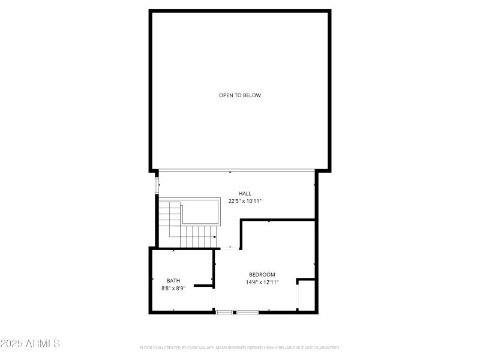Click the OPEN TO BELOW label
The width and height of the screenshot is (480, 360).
tap(240, 95)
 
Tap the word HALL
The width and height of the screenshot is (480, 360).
tap(245, 193)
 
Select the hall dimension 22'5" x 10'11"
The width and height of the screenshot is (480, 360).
tap(245, 201)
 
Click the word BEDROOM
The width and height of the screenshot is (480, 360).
tap(262, 274)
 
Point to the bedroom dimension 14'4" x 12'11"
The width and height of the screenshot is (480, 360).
tap(262, 282)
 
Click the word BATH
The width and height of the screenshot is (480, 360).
tap(173, 280)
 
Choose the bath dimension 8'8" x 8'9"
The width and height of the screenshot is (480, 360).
tap(173, 288)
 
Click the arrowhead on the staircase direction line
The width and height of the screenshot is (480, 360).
tap(214, 237)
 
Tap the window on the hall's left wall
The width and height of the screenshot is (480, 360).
tap(158, 184)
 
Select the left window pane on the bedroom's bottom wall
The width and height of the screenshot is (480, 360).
tap(224, 312)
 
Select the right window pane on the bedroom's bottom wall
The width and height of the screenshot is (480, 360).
tap(247, 312)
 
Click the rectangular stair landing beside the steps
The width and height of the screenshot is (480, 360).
tap(201, 211)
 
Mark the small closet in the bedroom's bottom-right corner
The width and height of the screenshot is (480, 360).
tap(307, 295)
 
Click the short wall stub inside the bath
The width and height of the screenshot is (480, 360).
tap(204, 286)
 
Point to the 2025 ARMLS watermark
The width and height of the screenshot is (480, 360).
tap(30, 344)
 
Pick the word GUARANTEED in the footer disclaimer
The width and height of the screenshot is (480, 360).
tap(328, 347)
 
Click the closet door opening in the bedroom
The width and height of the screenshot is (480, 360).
tap(298, 297)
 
